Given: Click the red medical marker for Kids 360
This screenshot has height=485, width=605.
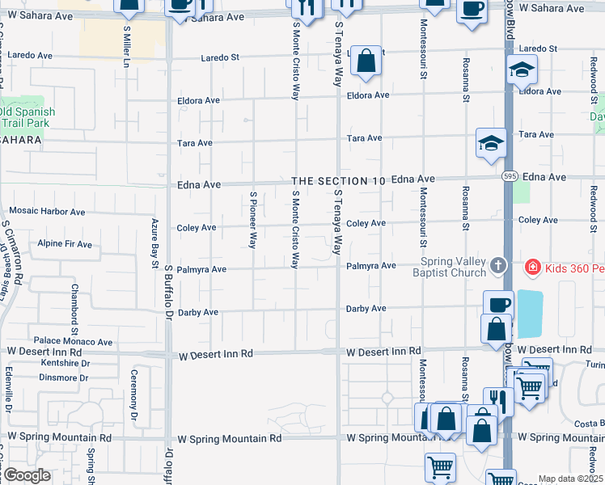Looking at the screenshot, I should (533, 266).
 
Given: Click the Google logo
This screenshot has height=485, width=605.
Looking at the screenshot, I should (27, 475).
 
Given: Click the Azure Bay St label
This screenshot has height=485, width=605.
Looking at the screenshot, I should (154, 242).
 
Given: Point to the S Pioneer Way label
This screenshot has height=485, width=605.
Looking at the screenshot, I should (253, 219).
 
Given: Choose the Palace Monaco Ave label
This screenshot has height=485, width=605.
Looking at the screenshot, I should (72, 342).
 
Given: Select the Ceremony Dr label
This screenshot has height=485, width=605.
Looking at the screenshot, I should (134, 398).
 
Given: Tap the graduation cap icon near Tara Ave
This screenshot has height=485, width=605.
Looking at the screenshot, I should (491, 143).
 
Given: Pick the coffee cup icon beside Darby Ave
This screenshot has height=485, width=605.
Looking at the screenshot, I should (498, 305).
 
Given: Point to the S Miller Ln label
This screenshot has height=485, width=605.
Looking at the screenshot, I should (126, 46).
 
